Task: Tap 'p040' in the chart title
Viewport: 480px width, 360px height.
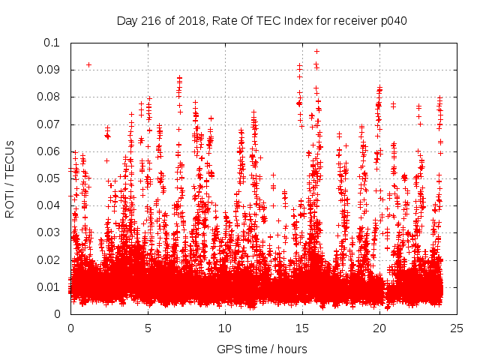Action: (x=394, y=20)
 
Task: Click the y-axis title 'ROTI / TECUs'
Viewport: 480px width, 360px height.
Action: (x=10, y=178)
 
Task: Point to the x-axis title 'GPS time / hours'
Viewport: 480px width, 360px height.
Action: (x=262, y=349)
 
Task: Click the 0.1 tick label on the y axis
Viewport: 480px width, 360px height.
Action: (x=52, y=43)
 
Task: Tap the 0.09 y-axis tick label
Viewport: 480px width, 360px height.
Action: (x=49, y=70)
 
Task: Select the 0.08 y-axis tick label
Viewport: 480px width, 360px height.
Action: (x=49, y=97)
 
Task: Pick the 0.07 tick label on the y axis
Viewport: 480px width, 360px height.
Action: (x=49, y=124)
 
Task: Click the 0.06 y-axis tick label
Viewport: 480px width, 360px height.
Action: (x=49, y=151)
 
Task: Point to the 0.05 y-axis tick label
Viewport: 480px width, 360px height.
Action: (x=49, y=178)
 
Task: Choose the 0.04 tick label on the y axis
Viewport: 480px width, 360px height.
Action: (x=49, y=205)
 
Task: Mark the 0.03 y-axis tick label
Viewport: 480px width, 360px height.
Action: (x=49, y=232)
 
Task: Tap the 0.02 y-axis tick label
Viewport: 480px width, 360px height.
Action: (x=49, y=259)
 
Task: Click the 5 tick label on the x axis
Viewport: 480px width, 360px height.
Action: (x=148, y=328)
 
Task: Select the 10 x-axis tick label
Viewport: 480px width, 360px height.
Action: (x=225, y=328)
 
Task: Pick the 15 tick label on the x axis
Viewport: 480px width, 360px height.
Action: (x=302, y=328)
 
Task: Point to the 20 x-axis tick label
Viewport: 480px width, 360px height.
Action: (x=379, y=328)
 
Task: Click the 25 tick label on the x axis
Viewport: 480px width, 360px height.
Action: (x=457, y=328)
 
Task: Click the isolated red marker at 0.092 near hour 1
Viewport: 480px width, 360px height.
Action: (x=88, y=64)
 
